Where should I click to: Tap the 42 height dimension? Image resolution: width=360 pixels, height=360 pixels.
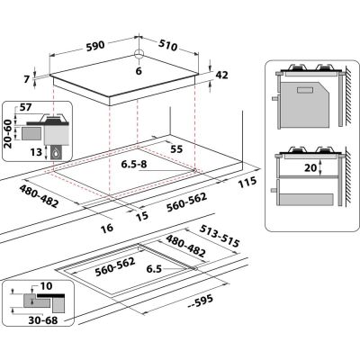click(x=223, y=76)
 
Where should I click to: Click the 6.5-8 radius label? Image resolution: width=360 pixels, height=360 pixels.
click(x=136, y=165)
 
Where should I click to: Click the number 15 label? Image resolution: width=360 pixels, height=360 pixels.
click(x=142, y=215)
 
